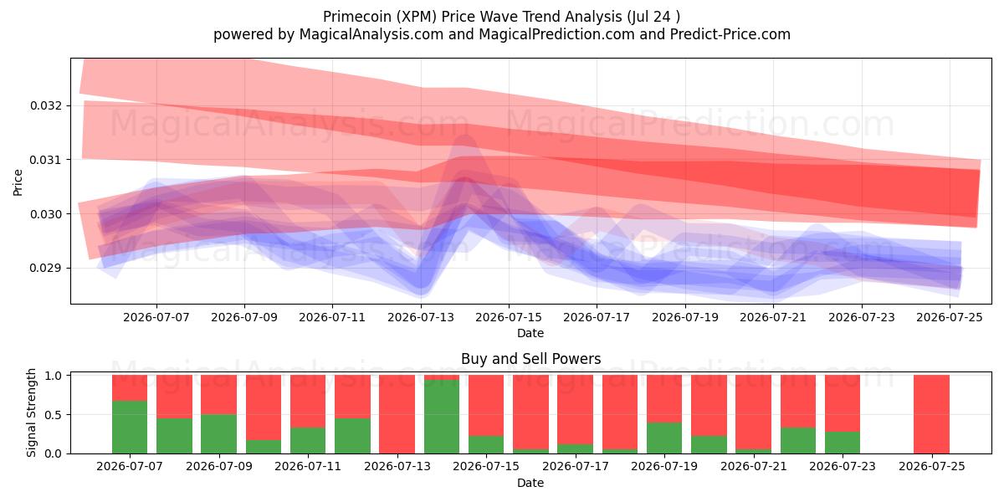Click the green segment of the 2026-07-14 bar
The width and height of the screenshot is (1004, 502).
pyautogui.click(x=442, y=417)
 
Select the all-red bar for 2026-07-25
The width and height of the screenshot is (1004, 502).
pyautogui.click(x=931, y=414)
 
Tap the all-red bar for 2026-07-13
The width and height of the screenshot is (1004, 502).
pyautogui.click(x=397, y=414)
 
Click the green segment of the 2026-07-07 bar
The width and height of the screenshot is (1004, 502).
pyautogui.click(x=130, y=428)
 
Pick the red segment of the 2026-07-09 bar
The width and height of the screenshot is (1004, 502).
pyautogui.click(x=218, y=394)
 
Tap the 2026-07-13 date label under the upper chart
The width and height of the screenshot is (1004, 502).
pyautogui.click(x=420, y=317)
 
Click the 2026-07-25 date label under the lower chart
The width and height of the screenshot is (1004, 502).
pyautogui.click(x=932, y=466)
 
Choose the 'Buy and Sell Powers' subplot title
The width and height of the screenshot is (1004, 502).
pyautogui.click(x=530, y=359)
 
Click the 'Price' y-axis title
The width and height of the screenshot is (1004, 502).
pyautogui.click(x=18, y=182)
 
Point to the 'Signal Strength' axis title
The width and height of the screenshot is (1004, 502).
pyautogui.click(x=31, y=412)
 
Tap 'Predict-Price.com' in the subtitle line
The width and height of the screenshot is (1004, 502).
pyautogui.click(x=730, y=34)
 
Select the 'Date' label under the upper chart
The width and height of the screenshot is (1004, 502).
pyautogui.click(x=530, y=333)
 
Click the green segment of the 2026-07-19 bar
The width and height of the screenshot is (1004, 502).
pyautogui.click(x=664, y=438)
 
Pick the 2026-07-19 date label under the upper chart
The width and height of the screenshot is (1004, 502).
pyautogui.click(x=685, y=317)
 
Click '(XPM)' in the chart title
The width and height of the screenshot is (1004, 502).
pyautogui.click(x=417, y=17)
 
